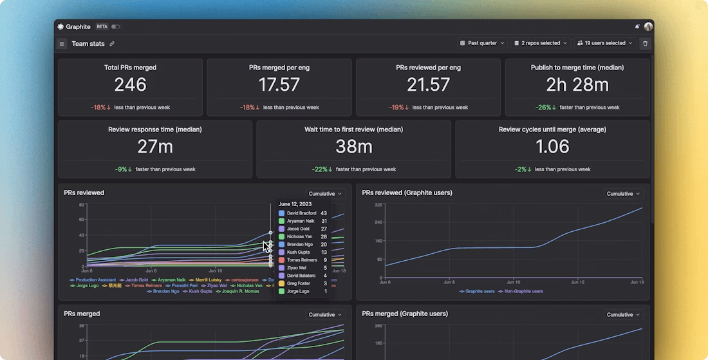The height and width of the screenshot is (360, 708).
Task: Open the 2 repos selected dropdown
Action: click(x=541, y=43)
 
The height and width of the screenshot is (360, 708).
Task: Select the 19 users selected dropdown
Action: click(x=604, y=43)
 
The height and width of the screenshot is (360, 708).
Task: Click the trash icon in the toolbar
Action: click(x=646, y=44)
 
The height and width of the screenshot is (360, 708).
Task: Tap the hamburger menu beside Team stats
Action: click(x=62, y=44)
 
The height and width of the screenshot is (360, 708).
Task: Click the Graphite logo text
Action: click(x=79, y=26)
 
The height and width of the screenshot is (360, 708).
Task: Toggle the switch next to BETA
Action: click(x=116, y=26)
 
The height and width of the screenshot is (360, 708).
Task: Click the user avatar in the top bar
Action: click(x=648, y=26)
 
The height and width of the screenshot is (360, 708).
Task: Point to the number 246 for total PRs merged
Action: click(x=130, y=84)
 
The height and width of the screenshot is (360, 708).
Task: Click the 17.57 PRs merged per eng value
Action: click(x=279, y=84)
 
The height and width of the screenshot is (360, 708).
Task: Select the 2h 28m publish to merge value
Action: click(x=577, y=84)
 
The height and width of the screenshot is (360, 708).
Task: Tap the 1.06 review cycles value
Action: click(x=552, y=146)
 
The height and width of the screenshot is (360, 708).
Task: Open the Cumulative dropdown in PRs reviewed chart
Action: click(x=325, y=193)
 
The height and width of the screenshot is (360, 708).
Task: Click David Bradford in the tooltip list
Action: click(x=301, y=213)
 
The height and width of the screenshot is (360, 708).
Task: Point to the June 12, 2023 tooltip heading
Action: click(x=295, y=204)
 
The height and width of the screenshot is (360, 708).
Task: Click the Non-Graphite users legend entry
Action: click(x=523, y=291)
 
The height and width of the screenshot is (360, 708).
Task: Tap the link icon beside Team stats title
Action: click(x=112, y=44)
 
